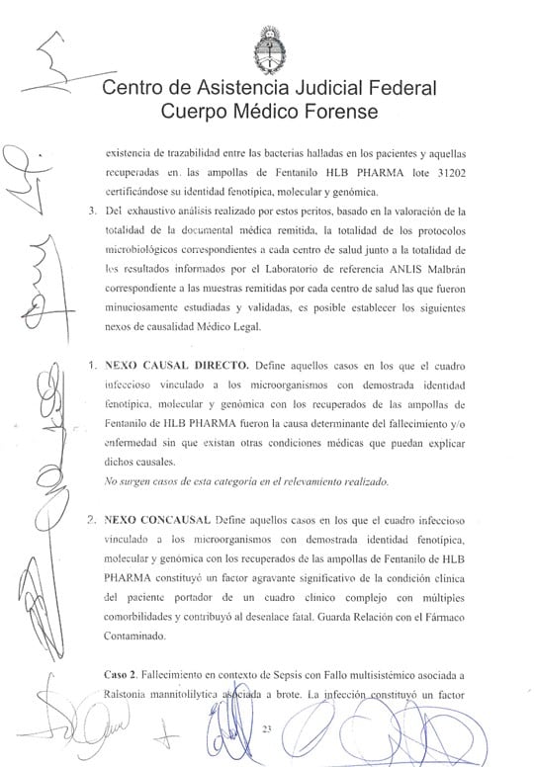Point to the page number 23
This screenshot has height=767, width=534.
pyautogui.click(x=266, y=729)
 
